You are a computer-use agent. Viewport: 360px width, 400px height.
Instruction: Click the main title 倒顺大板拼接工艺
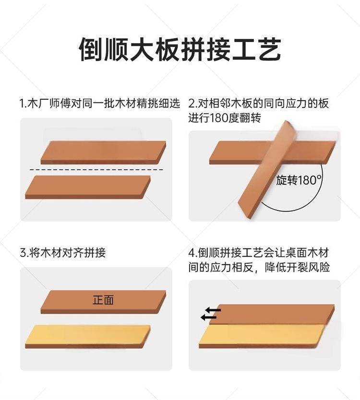click(x=180, y=49)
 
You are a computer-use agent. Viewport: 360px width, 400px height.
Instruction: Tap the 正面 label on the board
click(x=103, y=300)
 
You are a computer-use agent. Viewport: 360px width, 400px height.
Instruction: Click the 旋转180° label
click(x=299, y=180)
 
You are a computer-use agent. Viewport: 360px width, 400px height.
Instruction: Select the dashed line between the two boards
click(x=96, y=170)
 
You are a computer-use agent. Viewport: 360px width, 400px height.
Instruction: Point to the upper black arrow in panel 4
click(x=214, y=310)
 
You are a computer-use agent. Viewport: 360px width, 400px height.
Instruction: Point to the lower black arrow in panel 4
click(x=208, y=318)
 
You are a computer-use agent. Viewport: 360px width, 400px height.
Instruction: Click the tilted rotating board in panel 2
click(x=265, y=170)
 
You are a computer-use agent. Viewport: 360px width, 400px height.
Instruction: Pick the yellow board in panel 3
click(x=88, y=337)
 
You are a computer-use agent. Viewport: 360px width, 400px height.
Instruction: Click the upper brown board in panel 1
click(x=103, y=153)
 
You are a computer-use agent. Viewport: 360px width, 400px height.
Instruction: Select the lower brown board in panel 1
click(x=88, y=187)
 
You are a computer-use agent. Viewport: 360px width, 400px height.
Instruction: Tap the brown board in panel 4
click(x=272, y=314)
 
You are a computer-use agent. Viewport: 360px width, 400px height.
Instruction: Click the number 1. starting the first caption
click(x=23, y=104)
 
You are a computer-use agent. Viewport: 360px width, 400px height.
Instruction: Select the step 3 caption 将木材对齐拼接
click(x=67, y=253)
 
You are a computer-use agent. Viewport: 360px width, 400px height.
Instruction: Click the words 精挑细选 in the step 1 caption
click(x=158, y=104)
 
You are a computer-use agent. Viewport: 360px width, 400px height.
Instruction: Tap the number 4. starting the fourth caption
click(x=193, y=253)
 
